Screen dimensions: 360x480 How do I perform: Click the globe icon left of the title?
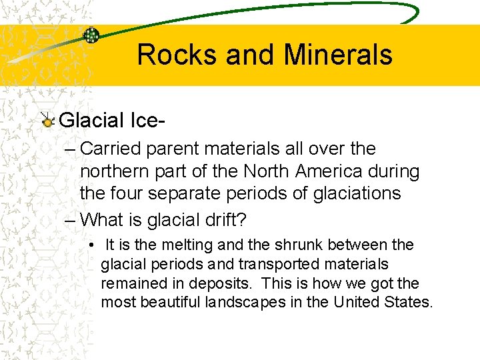click(92, 36)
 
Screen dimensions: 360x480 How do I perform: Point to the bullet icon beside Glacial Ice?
click(47, 121)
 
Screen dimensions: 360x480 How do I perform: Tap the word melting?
click(181, 245)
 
